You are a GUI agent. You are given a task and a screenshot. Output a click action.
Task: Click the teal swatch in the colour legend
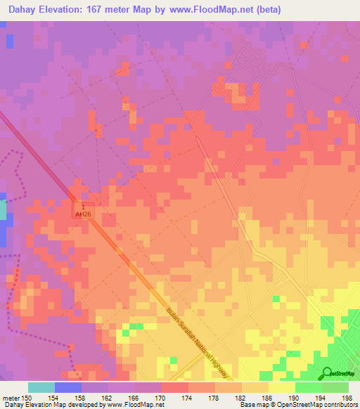point(41,387)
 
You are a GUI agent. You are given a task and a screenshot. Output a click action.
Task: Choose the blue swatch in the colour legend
point(68,387)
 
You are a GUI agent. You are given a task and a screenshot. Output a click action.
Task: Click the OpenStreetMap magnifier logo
point(327,372)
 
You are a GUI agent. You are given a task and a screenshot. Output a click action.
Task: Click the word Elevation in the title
point(71,9)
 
